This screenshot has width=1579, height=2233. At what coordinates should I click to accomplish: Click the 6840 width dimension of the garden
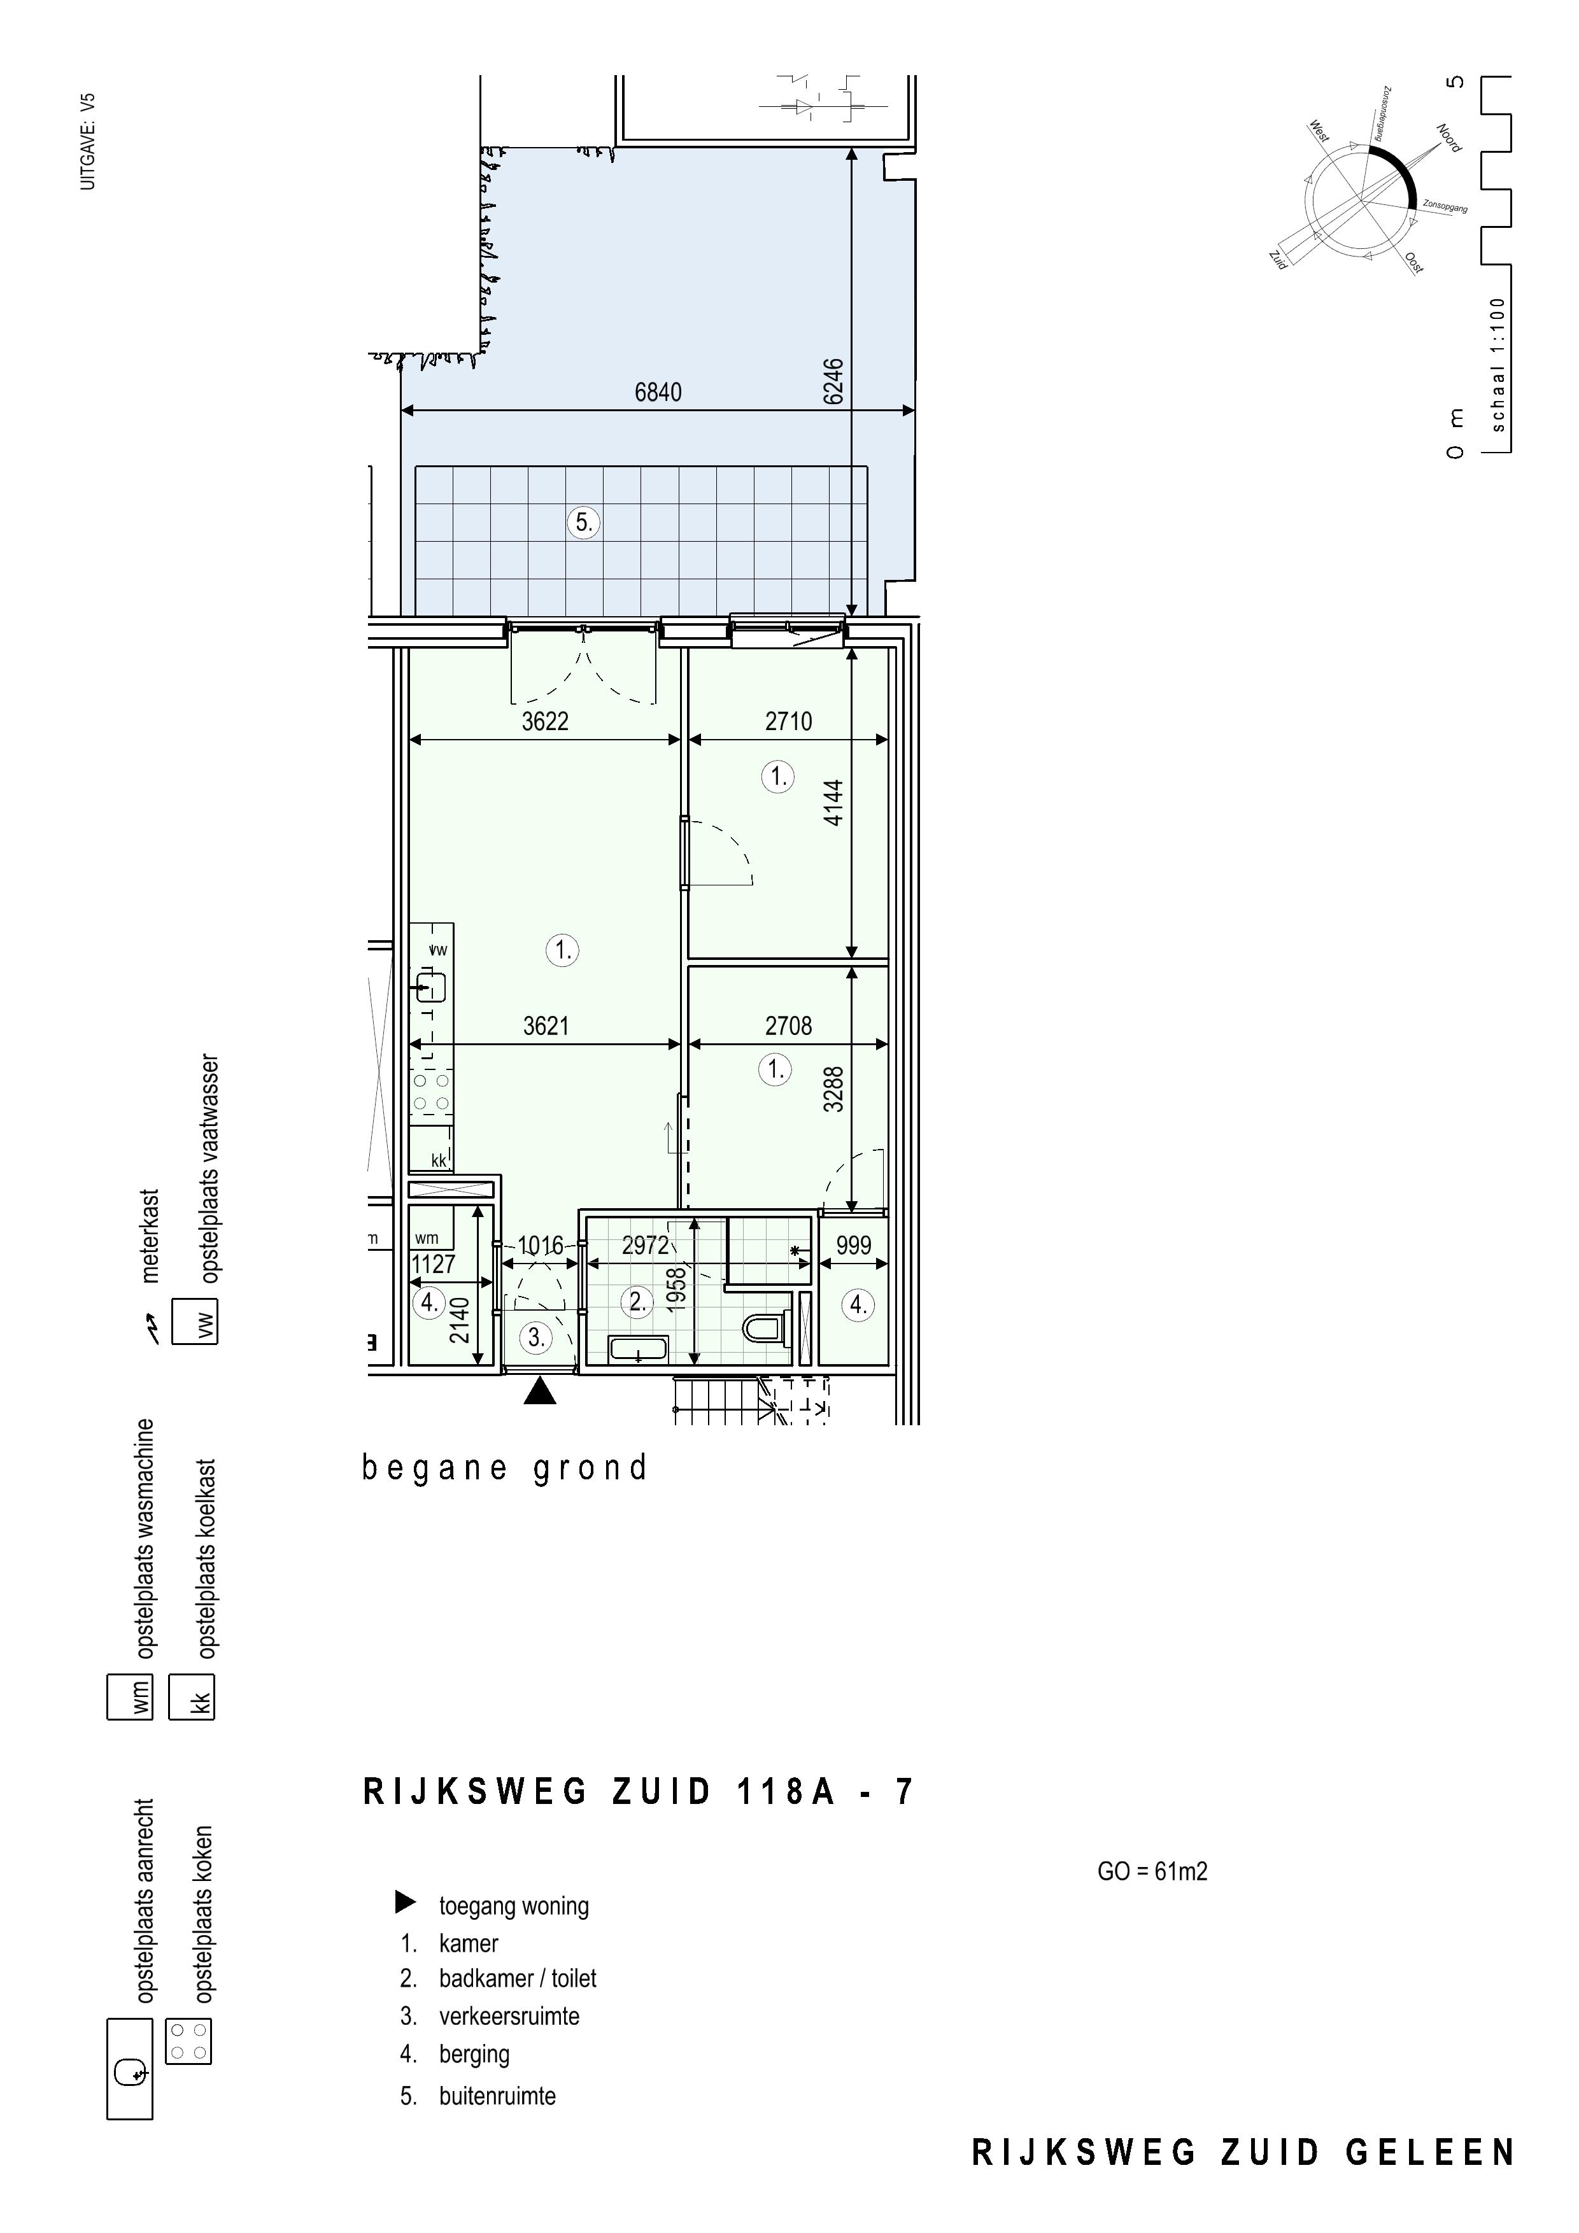click(x=658, y=392)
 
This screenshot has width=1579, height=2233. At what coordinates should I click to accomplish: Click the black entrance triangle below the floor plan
click(x=540, y=1393)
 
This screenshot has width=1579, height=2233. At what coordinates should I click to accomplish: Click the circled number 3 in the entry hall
click(x=536, y=1337)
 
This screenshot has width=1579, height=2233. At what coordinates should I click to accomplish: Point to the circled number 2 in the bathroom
click(x=638, y=1301)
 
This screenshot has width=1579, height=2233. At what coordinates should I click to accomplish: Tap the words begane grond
click(x=504, y=1469)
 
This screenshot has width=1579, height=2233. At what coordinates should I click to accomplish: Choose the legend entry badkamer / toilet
click(x=518, y=1978)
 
